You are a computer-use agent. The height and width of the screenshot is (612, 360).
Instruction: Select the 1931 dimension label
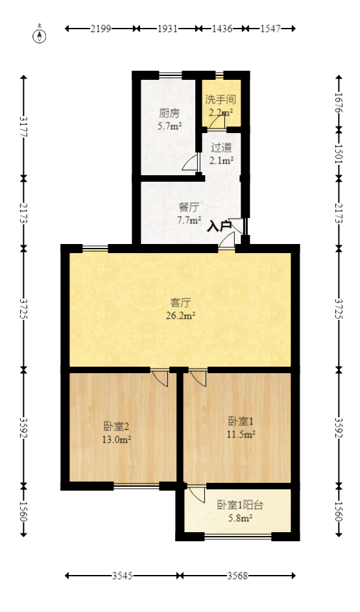pyautogui.click(x=168, y=29)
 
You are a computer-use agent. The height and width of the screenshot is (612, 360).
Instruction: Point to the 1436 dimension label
pyautogui.click(x=222, y=29)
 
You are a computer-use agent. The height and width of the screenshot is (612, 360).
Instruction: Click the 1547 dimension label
pyautogui.click(x=270, y=29)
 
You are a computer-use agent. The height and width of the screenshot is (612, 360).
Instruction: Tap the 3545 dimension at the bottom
pyautogui.click(x=123, y=576)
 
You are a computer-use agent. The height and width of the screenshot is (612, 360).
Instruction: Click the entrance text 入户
pyautogui.click(x=219, y=226)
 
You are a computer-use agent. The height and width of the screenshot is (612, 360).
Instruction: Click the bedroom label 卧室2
pyautogui.click(x=117, y=426)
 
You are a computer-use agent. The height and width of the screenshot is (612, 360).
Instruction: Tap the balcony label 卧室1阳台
pyautogui.click(x=240, y=505)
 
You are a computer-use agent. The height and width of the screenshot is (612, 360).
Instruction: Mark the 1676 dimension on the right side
pyautogui.click(x=338, y=102)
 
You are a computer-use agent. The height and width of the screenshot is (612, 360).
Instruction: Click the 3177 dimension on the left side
pyautogui.click(x=24, y=126)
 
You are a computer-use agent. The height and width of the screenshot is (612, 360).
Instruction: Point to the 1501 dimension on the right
pyautogui.click(x=338, y=154)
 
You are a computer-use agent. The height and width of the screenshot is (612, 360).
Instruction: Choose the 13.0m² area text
pyautogui.click(x=117, y=439)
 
